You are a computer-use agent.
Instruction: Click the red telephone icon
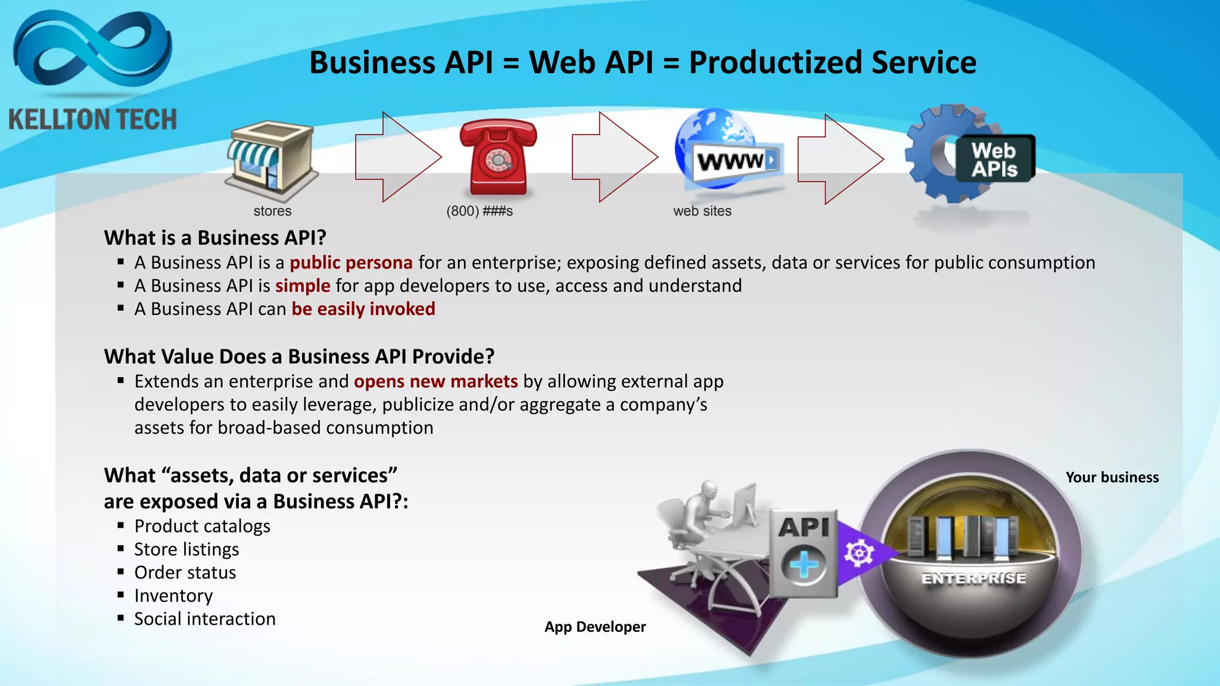pos(498,157)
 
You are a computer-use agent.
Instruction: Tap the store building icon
pos(271,160)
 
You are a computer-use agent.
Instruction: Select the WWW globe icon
pos(727,152)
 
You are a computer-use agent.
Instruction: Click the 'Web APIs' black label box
pos(995,159)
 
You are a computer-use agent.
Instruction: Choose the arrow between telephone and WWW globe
pos(614,157)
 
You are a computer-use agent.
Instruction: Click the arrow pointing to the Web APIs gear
pos(840,159)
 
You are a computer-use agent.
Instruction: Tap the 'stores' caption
pos(272,211)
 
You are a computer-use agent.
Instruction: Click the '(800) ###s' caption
pos(480,211)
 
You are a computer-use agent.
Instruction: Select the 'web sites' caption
pos(702,211)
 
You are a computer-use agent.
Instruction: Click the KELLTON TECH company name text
pos(93,120)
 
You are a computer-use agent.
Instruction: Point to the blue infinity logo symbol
pos(92,51)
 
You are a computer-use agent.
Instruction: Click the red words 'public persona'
pos(351,263)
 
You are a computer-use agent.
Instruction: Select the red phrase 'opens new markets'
pos(435,381)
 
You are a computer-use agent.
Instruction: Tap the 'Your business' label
pos(1112,478)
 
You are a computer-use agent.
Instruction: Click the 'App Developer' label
pos(595,627)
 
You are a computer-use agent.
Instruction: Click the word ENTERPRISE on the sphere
pos(973,578)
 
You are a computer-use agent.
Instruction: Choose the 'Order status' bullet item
pos(185,572)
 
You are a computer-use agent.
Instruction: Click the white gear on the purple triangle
pos(858,553)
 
